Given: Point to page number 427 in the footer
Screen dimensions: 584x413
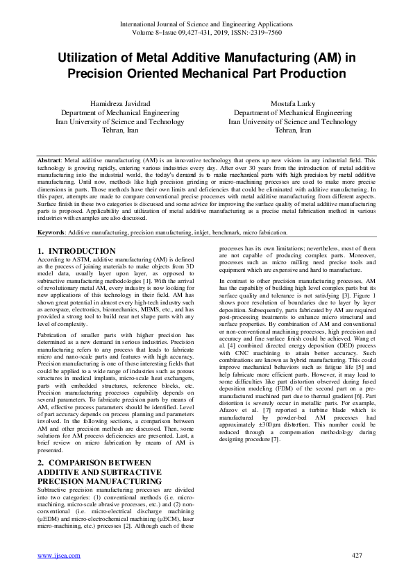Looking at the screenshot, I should [x=357, y=556].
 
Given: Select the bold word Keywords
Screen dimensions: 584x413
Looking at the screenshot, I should [x=52, y=232].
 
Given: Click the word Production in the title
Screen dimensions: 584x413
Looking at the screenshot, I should [x=306, y=73].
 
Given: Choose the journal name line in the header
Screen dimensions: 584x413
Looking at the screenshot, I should [x=206, y=24].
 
